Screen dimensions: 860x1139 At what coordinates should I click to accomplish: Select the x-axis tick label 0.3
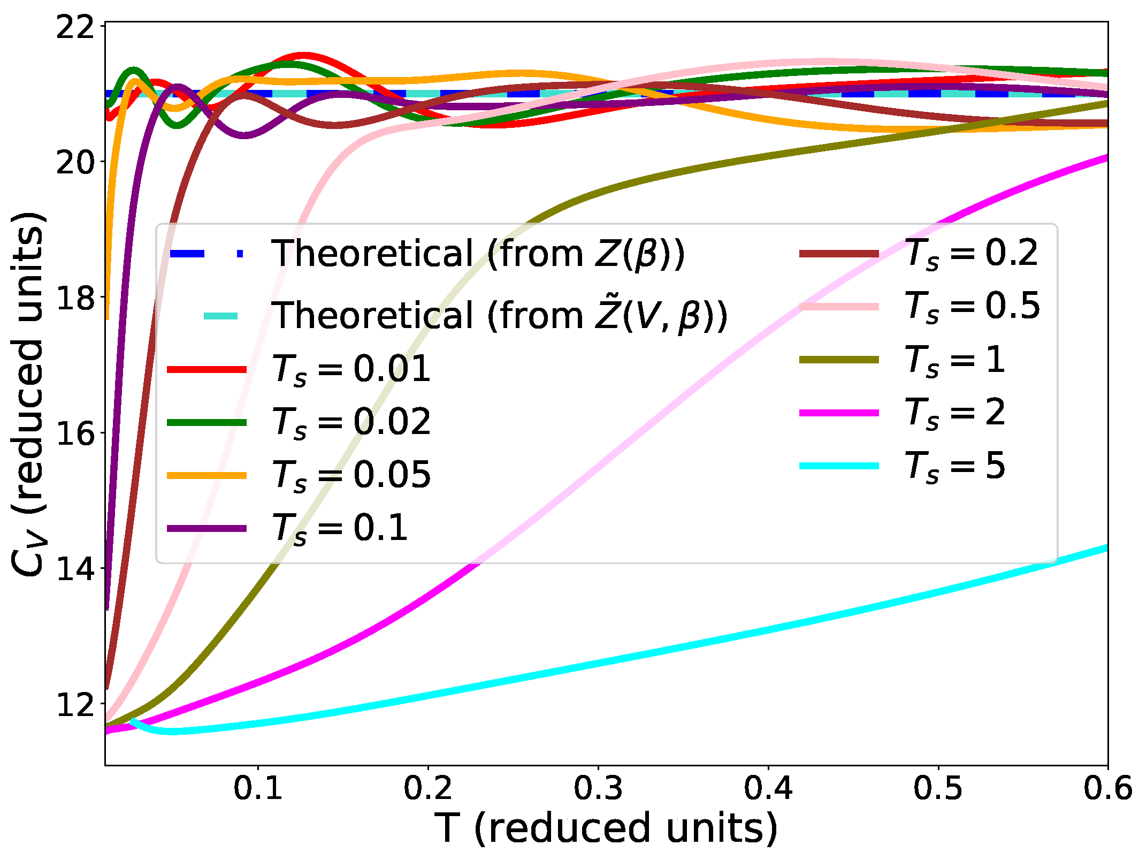click(x=598, y=788)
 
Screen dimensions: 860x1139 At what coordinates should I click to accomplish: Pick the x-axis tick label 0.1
click(x=258, y=788)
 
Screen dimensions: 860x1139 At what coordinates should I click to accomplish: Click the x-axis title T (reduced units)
click(x=606, y=828)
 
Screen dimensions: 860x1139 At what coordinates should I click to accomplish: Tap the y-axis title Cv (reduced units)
click(x=28, y=395)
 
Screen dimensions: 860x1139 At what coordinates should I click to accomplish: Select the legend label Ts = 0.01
click(x=351, y=369)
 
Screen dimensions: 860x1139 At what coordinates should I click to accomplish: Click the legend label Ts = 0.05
click(x=351, y=475)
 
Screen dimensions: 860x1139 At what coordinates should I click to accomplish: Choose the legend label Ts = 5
click(x=954, y=466)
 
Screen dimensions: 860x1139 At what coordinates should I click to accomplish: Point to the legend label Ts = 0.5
click(x=972, y=306)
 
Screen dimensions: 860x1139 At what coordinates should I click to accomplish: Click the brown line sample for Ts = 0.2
click(x=839, y=254)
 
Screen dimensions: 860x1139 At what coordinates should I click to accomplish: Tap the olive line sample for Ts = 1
click(x=839, y=360)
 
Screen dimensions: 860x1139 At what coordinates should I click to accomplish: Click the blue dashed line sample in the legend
click(x=207, y=254)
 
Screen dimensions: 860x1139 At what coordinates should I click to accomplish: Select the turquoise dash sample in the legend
click(x=220, y=316)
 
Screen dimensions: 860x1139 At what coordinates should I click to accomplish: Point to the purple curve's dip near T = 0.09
click(x=244, y=134)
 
